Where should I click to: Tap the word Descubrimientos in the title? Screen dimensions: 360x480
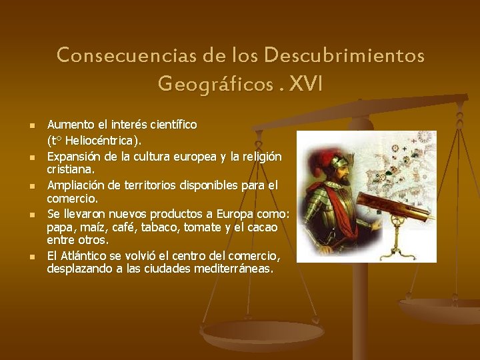[x=344, y=55]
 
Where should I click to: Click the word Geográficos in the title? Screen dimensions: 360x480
[x=215, y=85]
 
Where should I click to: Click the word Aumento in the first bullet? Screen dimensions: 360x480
[x=67, y=125]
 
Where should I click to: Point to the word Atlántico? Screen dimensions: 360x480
[x=85, y=256]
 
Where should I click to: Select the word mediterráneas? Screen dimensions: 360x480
[x=233, y=269]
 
